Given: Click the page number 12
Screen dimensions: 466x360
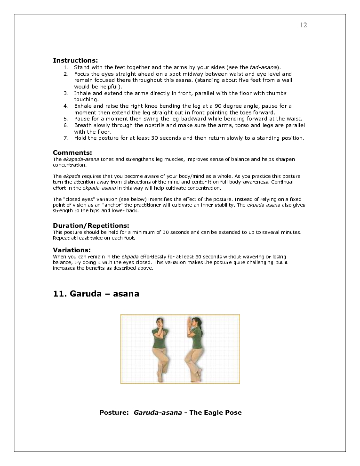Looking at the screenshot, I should click(x=304, y=25).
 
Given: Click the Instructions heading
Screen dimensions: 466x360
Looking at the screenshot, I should click(x=75, y=60).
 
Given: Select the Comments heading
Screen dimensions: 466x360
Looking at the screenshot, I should click(x=72, y=153).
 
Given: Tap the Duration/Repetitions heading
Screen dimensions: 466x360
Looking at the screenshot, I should click(x=91, y=225).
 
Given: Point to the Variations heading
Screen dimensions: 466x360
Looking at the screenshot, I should click(x=72, y=249).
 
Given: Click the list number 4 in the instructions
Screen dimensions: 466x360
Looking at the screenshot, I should click(x=66, y=106).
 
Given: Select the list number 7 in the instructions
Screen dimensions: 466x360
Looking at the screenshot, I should click(x=66, y=138).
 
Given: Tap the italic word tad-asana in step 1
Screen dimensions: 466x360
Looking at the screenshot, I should click(x=263, y=68).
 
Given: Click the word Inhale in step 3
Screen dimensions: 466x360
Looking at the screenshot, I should click(x=82, y=94).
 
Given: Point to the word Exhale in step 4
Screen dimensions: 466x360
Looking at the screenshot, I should click(x=83, y=106).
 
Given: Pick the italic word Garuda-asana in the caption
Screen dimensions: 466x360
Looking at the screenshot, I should click(x=158, y=413).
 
